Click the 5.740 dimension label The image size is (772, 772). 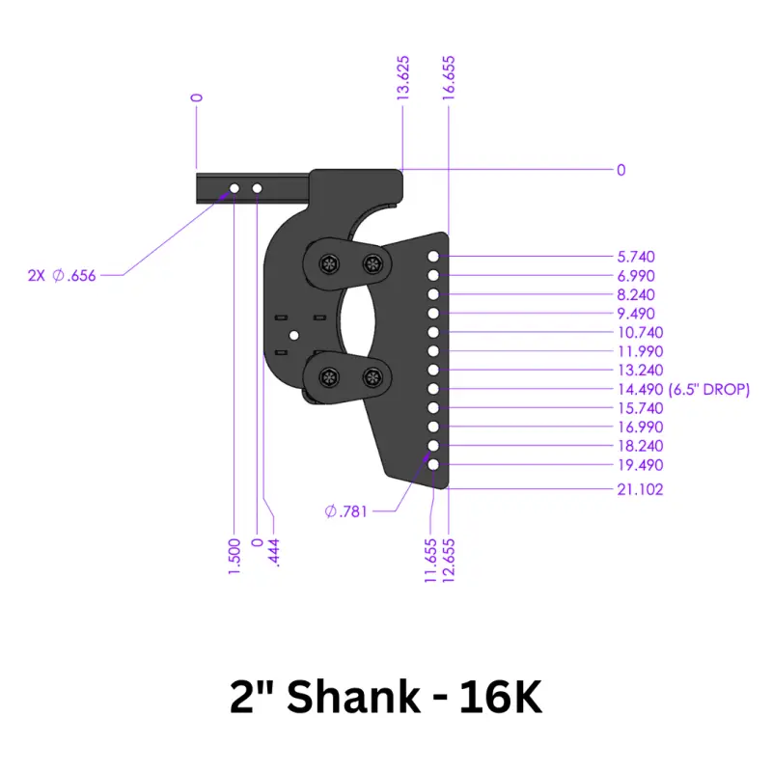[636, 257]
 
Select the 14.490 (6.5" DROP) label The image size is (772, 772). [682, 389]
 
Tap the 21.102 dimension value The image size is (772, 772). [640, 489]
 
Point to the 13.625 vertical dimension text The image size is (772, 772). [404, 75]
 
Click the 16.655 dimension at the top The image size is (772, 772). [449, 75]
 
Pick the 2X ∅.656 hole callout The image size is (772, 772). [62, 275]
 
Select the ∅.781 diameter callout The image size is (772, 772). [345, 511]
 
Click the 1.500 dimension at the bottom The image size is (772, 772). [234, 558]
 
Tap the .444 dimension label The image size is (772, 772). [277, 552]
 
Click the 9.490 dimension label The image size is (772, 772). [636, 314]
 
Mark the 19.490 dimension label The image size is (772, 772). [640, 465]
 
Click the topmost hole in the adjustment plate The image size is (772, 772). [434, 257]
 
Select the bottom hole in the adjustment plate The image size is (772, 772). [434, 465]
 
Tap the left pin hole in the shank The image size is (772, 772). [234, 187]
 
